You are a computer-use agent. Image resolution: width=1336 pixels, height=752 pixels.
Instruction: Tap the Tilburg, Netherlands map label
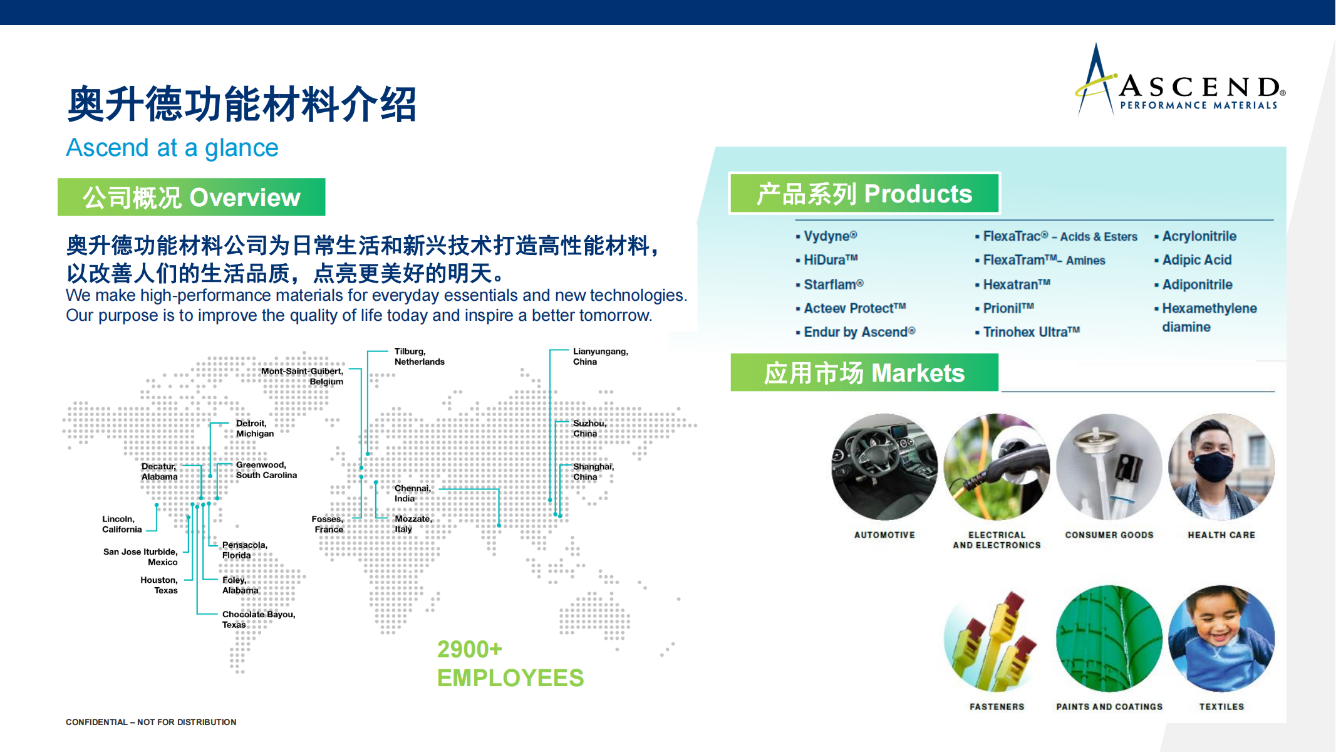pyautogui.click(x=419, y=357)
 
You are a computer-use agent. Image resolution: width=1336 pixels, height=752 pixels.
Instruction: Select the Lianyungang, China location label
pyautogui.click(x=600, y=357)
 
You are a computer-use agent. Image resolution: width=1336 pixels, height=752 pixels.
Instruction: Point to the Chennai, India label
pyautogui.click(x=412, y=493)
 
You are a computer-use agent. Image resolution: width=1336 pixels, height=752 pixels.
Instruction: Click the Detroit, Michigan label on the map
pyautogui.click(x=254, y=428)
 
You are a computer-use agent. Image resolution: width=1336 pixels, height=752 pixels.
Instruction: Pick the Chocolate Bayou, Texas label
pyautogui.click(x=258, y=619)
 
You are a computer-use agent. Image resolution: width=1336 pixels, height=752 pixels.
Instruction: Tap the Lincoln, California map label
pyautogui.click(x=122, y=524)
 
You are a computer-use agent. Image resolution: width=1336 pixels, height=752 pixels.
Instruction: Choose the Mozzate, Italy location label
pyautogui.click(x=413, y=524)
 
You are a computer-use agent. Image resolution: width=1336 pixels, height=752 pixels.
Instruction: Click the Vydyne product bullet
pyautogui.click(x=826, y=236)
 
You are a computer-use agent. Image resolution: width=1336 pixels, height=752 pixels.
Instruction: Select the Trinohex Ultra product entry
pyautogui.click(x=1027, y=332)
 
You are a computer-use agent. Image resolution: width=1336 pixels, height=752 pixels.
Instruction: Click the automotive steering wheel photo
pyautogui.click(x=884, y=467)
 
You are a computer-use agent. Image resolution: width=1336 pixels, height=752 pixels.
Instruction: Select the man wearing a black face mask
pyautogui.click(x=1221, y=467)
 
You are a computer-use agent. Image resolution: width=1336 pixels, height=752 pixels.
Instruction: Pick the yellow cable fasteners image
pyautogui.click(x=997, y=639)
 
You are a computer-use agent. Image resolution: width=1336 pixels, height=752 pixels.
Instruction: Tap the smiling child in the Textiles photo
pyautogui.click(x=1221, y=639)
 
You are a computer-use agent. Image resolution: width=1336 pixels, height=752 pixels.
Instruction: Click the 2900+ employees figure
pyautogui.click(x=510, y=664)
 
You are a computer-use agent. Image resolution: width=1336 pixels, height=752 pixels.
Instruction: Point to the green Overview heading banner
pyautogui.click(x=192, y=197)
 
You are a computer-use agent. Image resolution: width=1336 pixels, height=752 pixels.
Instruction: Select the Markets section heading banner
pyautogui.click(x=864, y=372)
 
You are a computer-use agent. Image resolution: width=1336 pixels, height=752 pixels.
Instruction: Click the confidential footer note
pyautogui.click(x=151, y=722)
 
